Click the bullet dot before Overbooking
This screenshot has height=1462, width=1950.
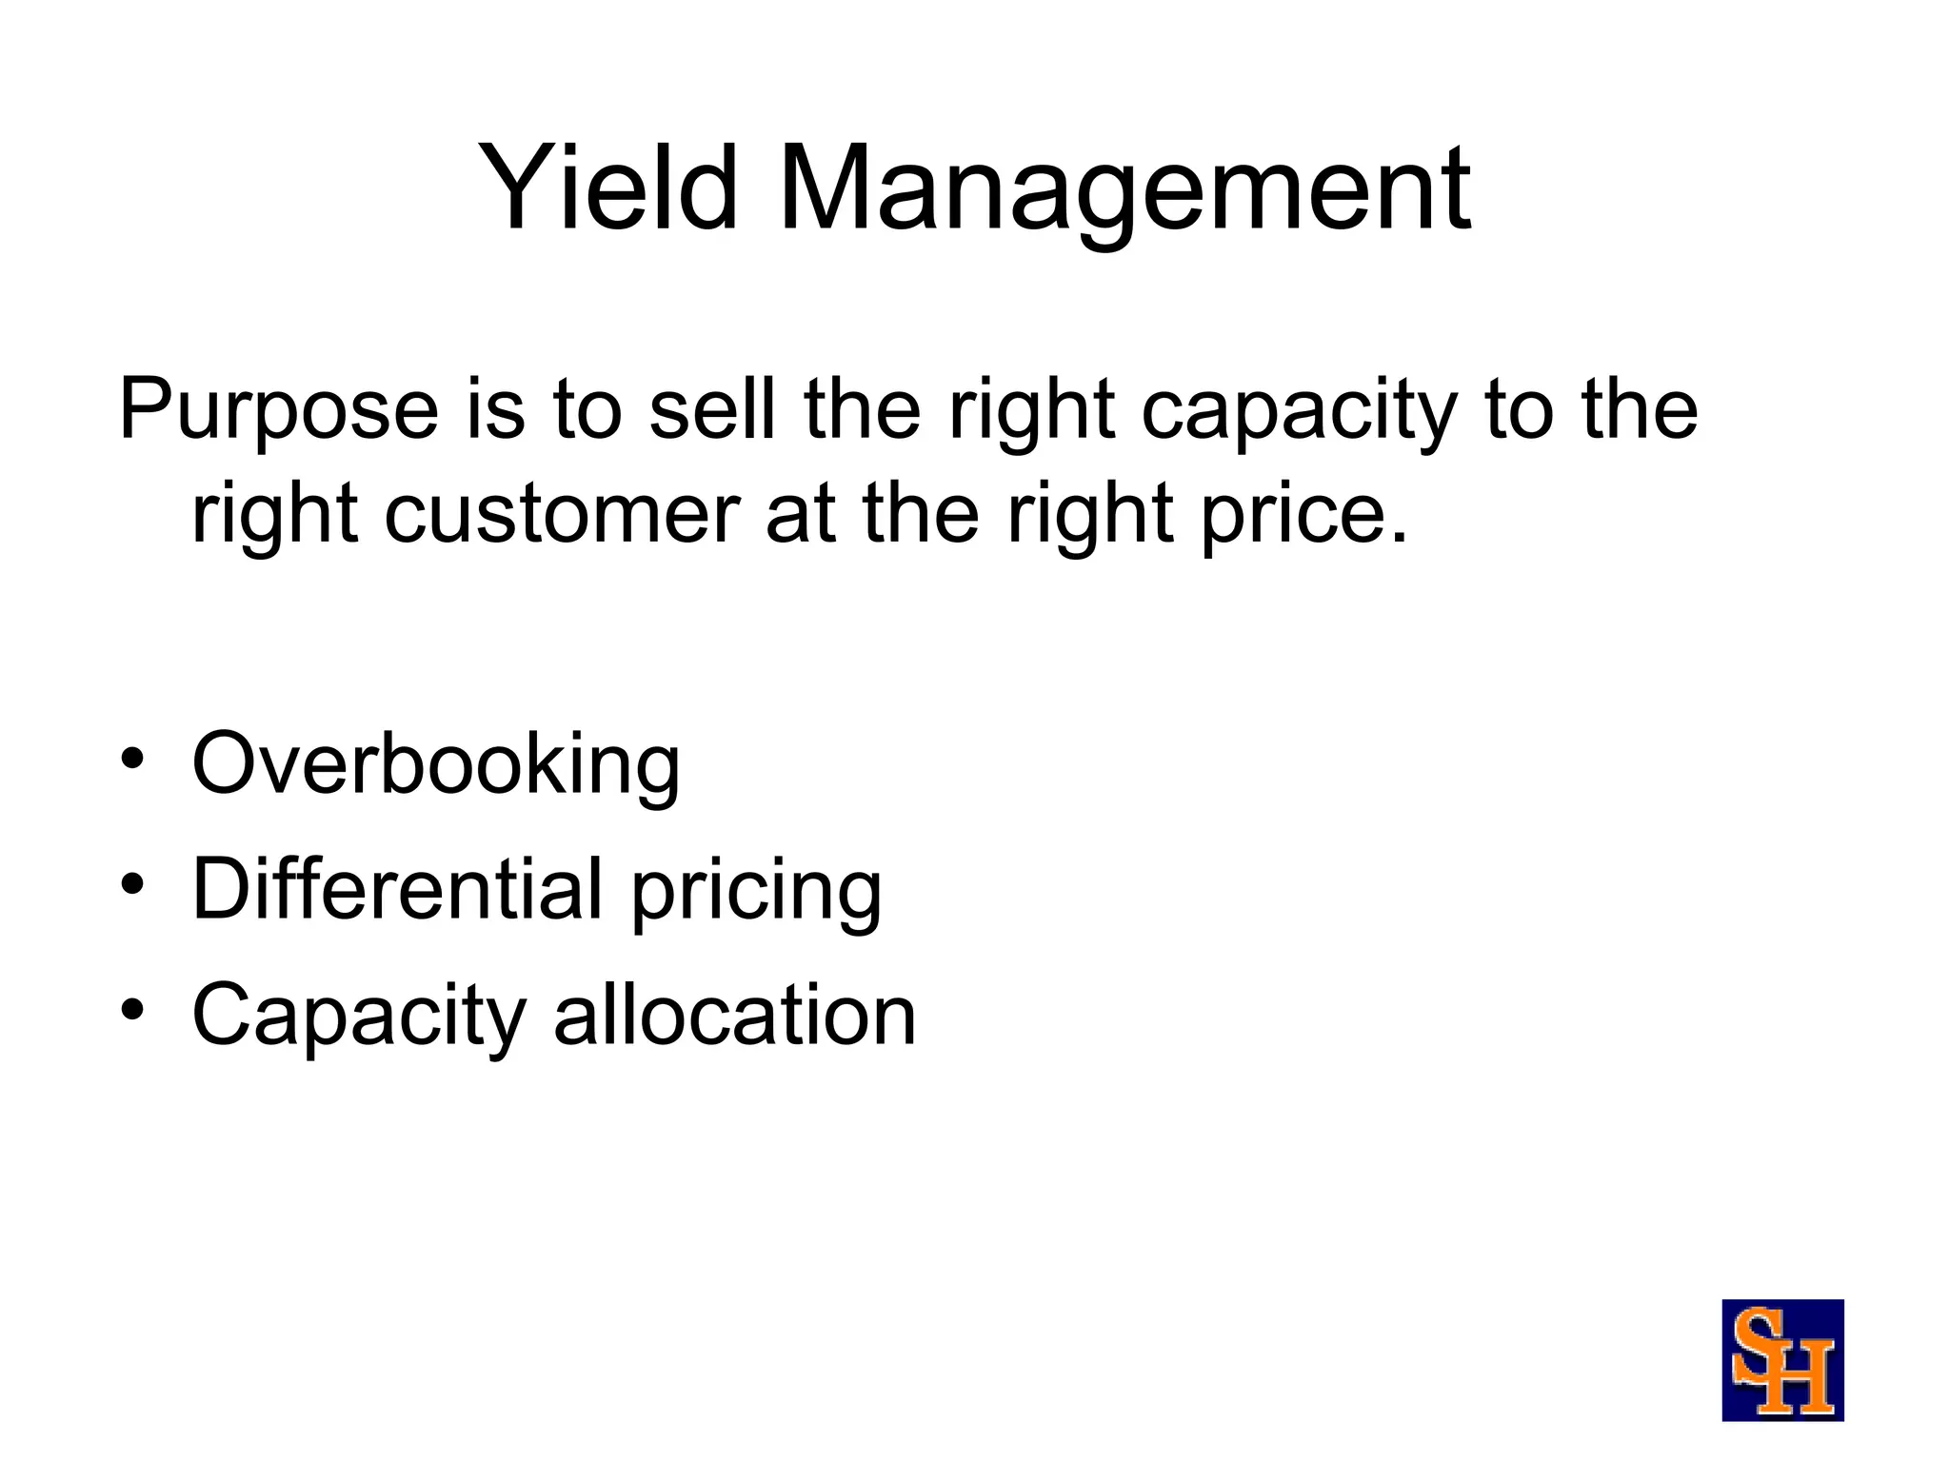pyautogui.click(x=132, y=760)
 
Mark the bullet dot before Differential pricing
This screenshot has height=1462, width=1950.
pyautogui.click(x=132, y=885)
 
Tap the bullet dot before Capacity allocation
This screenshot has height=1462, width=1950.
pyautogui.click(x=132, y=1009)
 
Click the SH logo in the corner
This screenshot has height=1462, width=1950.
pyautogui.click(x=1782, y=1360)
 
